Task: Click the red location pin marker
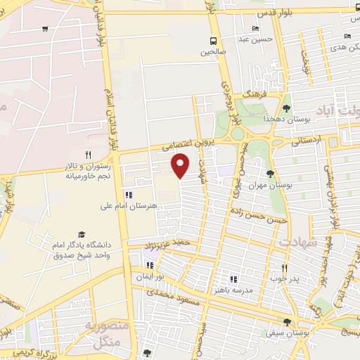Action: click(181, 165)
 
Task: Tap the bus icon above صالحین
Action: click(213, 41)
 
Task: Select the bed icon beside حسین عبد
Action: click(255, 29)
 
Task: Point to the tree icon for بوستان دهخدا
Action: click(286, 108)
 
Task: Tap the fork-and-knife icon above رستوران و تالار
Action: click(88, 154)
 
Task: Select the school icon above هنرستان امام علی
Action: click(128, 195)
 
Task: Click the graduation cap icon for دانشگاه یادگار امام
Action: click(82, 234)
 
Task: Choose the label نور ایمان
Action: click(150, 276)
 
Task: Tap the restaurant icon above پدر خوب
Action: click(285, 268)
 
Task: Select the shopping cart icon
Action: click(45, 29)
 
